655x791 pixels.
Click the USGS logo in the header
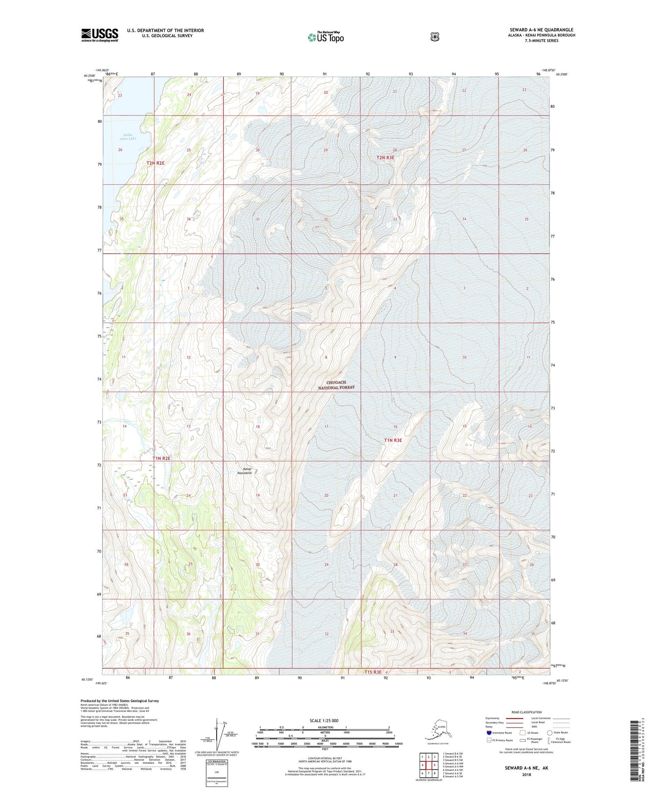click(x=100, y=35)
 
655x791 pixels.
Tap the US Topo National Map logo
click(x=325, y=37)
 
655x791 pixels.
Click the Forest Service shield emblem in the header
click(x=435, y=37)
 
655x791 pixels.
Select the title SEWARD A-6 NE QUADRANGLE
click(x=541, y=30)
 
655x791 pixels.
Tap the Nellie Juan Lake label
click(x=128, y=137)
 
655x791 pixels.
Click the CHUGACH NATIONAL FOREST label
click(x=336, y=385)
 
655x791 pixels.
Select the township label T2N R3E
click(x=385, y=158)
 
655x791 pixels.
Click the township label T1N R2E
click(x=161, y=458)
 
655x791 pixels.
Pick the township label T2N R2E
click(x=155, y=163)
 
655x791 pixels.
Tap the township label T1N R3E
click(x=393, y=440)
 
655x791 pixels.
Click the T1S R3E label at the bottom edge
click(x=370, y=672)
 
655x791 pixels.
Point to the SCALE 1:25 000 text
click(x=324, y=720)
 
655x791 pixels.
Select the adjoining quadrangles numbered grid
click(x=428, y=765)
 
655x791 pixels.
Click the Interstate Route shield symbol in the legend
click(x=489, y=733)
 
